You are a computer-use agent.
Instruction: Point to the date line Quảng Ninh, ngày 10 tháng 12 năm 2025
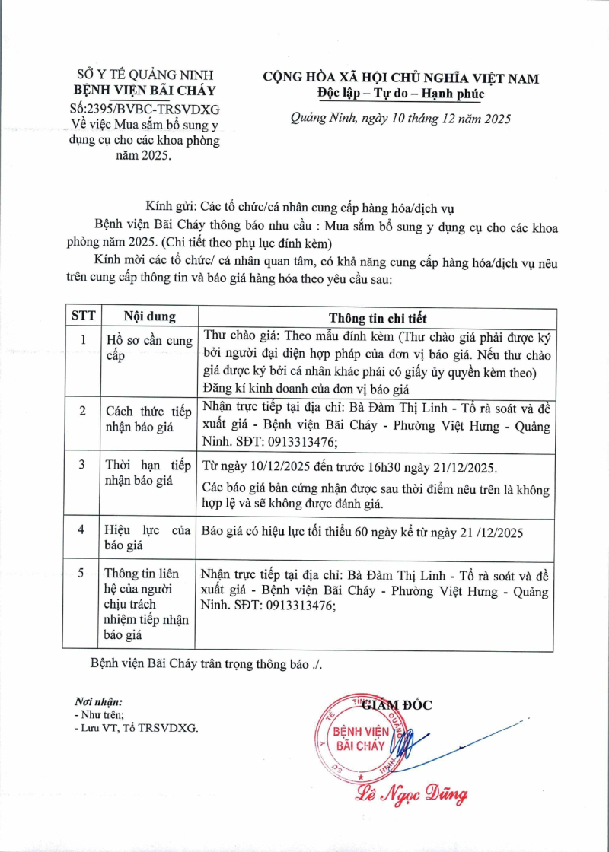[400, 119]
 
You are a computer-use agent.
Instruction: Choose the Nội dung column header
[150, 316]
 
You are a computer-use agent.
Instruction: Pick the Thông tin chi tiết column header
[378, 317]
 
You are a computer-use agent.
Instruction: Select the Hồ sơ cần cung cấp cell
[148, 348]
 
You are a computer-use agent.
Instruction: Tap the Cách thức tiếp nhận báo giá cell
[148, 419]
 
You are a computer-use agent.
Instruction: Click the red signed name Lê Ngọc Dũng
[411, 795]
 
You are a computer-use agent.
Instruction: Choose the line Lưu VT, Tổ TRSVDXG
[136, 728]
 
